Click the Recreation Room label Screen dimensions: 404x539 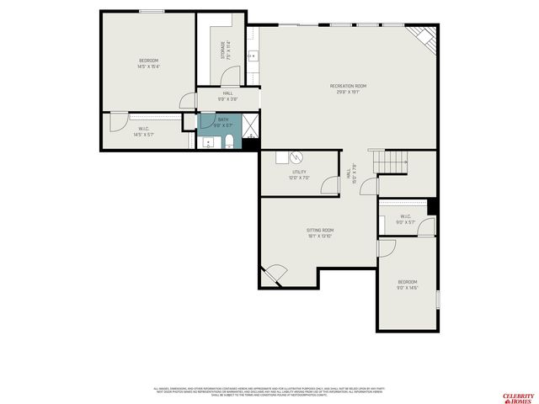click(348, 88)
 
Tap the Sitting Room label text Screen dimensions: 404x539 click(320, 232)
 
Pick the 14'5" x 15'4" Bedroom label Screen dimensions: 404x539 click(148, 64)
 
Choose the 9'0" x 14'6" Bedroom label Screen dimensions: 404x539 click(408, 284)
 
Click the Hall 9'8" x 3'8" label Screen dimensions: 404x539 click(227, 96)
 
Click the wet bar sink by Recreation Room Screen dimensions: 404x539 click(253, 57)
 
